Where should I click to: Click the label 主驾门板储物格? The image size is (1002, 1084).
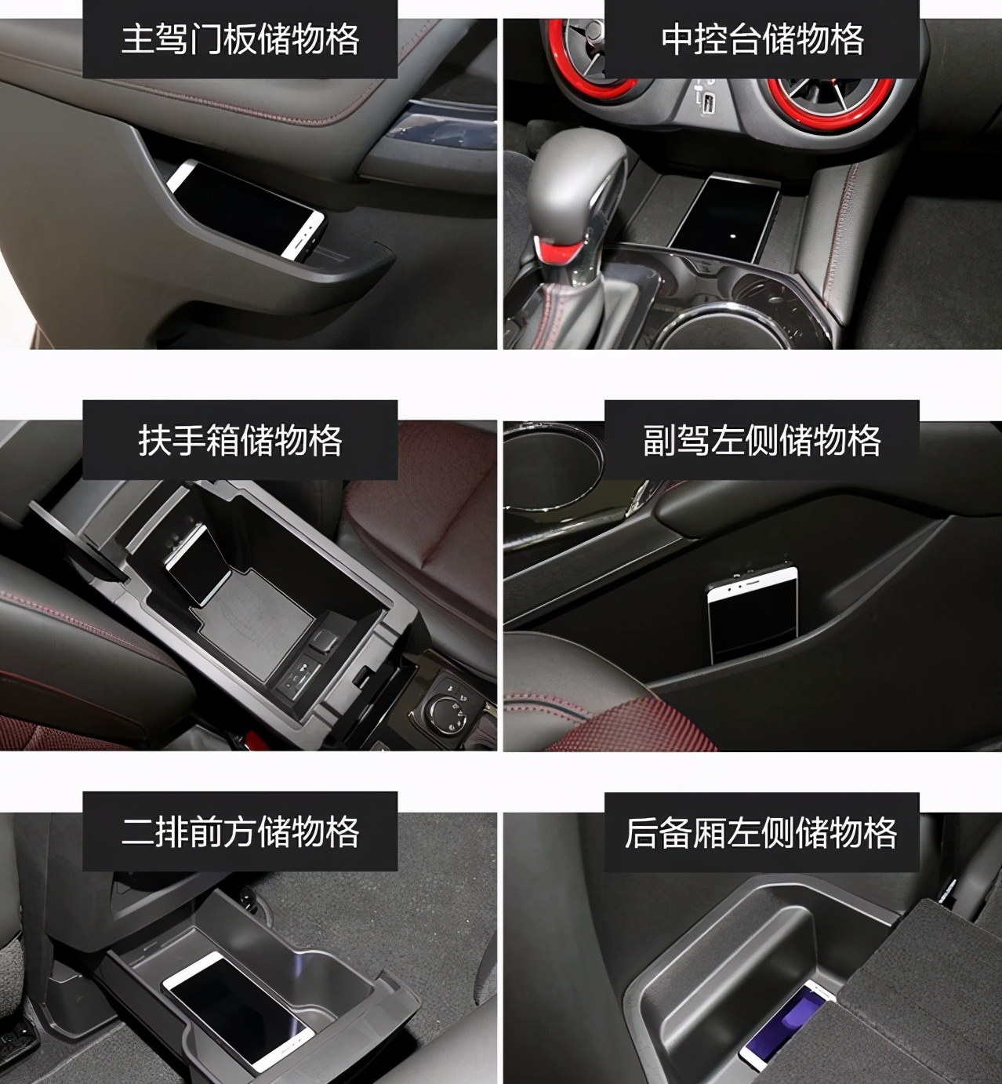coord(240,39)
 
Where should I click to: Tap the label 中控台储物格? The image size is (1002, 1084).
coord(762,39)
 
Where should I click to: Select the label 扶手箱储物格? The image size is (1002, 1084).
coord(240,441)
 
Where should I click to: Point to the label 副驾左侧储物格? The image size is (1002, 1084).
coord(762,441)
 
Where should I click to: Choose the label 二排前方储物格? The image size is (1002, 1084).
coord(240,831)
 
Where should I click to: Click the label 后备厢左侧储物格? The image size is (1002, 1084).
coord(761,831)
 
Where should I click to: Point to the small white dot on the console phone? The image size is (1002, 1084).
coord(732,237)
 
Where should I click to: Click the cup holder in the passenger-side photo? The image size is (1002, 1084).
coord(551,469)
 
